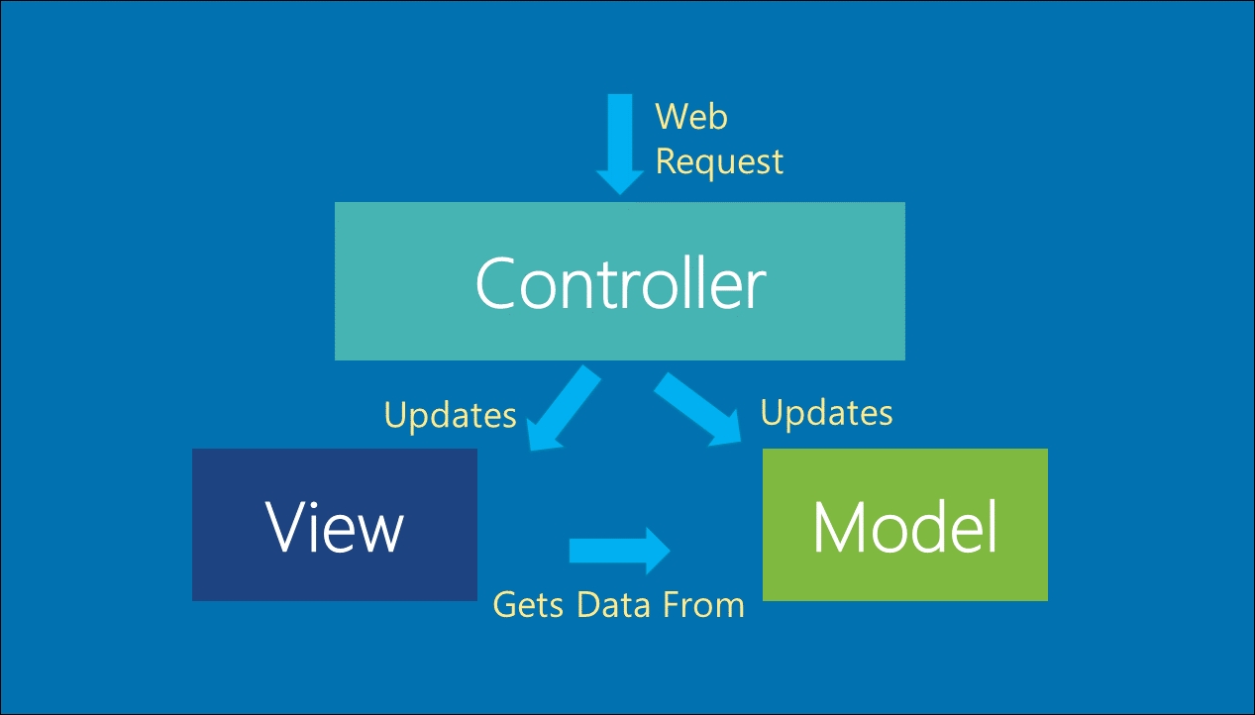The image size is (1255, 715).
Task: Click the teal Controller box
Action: (x=620, y=280)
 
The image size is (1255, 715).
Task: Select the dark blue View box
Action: (x=335, y=525)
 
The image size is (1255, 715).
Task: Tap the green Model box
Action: (x=904, y=525)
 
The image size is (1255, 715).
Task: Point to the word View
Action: (x=335, y=527)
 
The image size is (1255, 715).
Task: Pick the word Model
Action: (x=904, y=527)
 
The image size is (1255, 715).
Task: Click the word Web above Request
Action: (x=691, y=117)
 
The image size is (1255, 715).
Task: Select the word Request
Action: (x=719, y=162)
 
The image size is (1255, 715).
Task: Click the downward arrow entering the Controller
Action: (x=620, y=144)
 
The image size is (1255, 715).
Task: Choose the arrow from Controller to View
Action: (x=565, y=408)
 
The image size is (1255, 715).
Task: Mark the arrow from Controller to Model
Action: (x=697, y=409)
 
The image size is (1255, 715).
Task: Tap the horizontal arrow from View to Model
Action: (x=620, y=551)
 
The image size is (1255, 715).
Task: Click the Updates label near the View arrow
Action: (x=450, y=415)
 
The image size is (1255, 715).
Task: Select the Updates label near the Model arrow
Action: (x=826, y=413)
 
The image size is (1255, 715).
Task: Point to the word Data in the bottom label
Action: (x=613, y=605)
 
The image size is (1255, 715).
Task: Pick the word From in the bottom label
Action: (x=703, y=605)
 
